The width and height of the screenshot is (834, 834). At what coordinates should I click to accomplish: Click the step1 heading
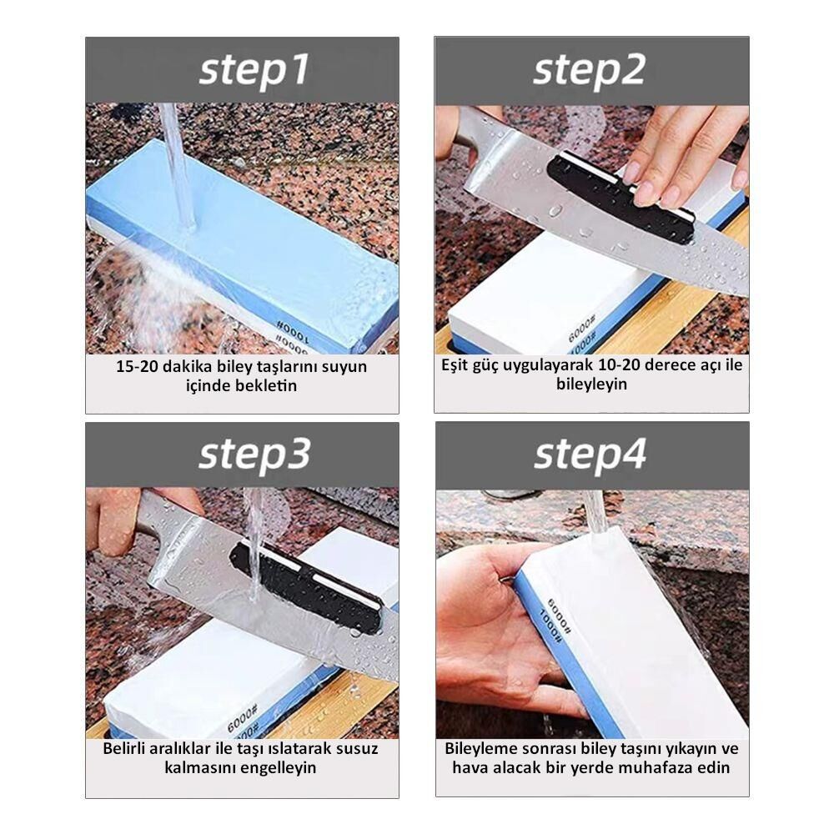(254, 71)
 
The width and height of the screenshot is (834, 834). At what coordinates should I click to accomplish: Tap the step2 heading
(590, 71)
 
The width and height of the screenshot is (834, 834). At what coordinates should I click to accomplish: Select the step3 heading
(254, 456)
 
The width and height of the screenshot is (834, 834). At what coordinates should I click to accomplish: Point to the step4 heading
(590, 456)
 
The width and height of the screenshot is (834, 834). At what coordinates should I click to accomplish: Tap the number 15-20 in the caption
(137, 367)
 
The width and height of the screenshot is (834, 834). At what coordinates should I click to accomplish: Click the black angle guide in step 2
(620, 198)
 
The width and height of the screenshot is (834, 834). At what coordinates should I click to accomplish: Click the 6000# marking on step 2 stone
(581, 328)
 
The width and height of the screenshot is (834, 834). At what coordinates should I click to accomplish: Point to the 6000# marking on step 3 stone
(242, 717)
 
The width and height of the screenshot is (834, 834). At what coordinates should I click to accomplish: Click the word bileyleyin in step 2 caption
(591, 384)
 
